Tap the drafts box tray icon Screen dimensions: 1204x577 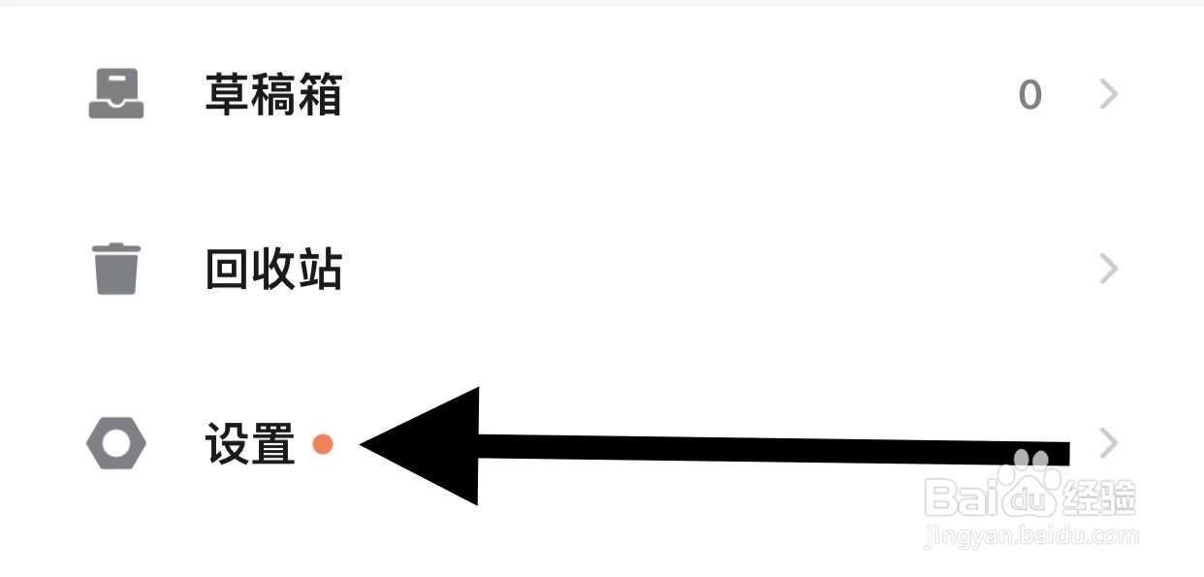pos(116,95)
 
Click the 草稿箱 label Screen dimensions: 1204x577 pos(273,95)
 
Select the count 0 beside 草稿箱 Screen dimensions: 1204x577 pos(1030,95)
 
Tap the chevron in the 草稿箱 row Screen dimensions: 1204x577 pos(1109,94)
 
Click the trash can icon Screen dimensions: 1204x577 pos(116,269)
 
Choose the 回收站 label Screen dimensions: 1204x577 pos(273,269)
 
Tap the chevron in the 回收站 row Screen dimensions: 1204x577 pos(1109,269)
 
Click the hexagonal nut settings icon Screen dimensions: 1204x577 pos(116,444)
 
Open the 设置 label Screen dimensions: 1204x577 pos(250,444)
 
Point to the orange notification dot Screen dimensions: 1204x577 pos(323,444)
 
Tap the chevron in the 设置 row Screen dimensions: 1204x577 pos(1109,444)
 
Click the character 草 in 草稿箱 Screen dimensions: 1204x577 pos(228,95)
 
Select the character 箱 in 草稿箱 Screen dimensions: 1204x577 pos(319,95)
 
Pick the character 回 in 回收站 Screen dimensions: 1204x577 pos(228,269)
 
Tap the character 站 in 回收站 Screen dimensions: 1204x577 pos(319,269)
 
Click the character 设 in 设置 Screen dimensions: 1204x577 pos(228,444)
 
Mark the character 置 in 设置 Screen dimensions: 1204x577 pos(272,444)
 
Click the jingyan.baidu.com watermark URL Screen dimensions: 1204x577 pos(1031,535)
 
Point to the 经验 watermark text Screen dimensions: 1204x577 pos(1099,497)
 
